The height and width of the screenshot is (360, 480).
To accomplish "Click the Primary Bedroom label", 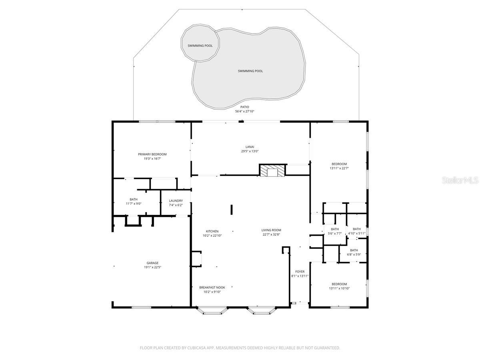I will point(152,154).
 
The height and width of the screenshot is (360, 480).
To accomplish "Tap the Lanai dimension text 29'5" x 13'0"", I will point(250,151).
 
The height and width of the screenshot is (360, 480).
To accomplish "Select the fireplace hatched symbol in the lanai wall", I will point(273,170).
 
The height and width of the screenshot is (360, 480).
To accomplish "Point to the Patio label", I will point(244,107).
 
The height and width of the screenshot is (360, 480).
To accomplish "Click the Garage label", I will point(152,263).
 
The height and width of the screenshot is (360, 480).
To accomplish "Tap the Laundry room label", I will point(176,201).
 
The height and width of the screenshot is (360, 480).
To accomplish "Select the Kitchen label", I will point(212,231).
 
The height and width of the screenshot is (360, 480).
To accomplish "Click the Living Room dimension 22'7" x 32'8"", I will point(271,235).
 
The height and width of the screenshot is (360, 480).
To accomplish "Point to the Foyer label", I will point(300,272).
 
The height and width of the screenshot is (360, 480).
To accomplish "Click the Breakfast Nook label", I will point(212,287).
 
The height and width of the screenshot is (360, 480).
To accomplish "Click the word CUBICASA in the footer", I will point(199,348).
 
